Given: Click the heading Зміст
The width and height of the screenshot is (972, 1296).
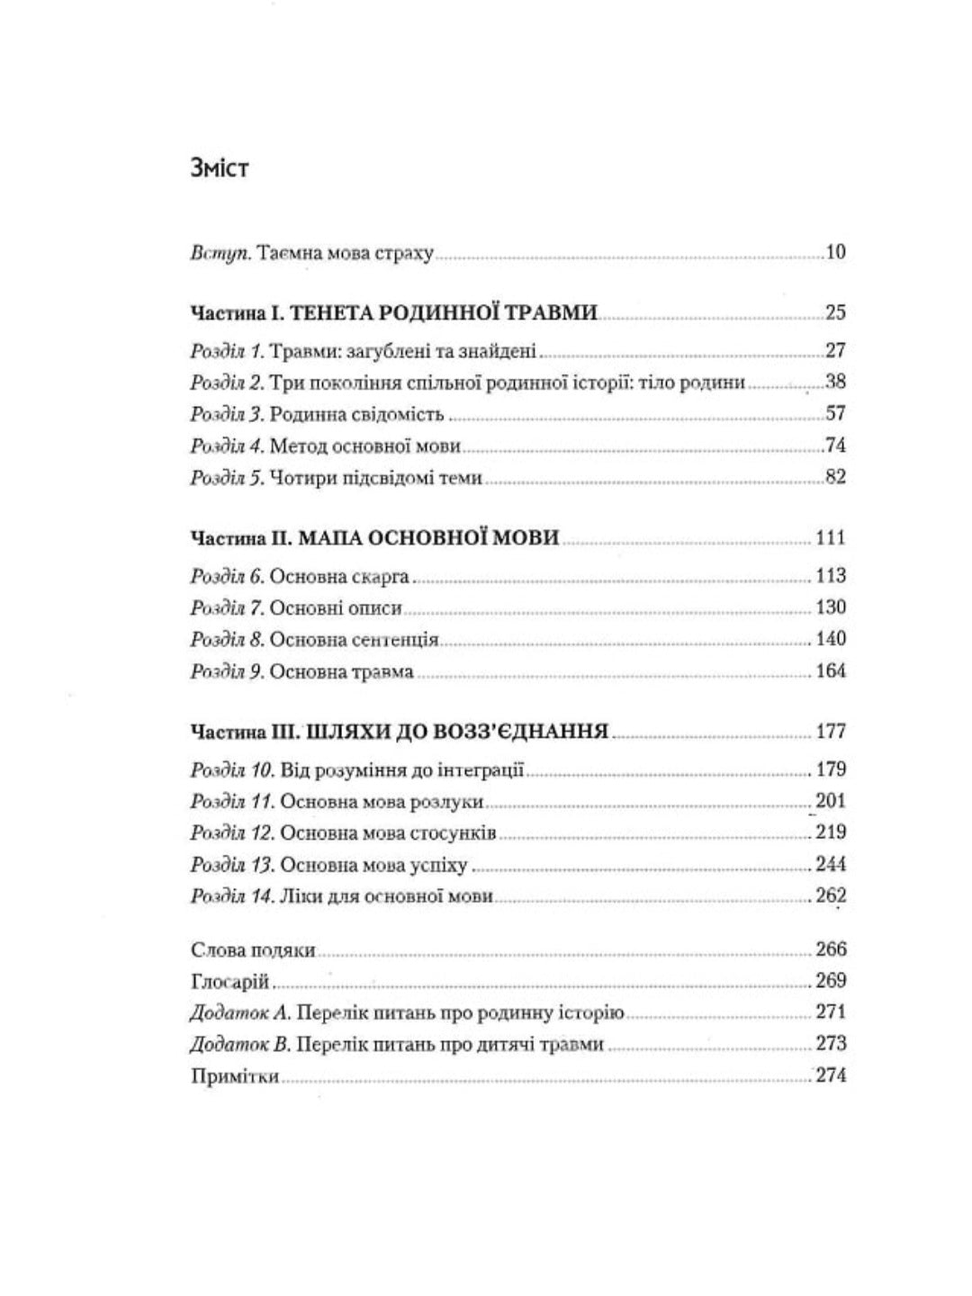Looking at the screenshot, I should pos(219,168).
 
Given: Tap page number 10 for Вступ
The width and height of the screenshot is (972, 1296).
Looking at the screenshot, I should pos(835,253).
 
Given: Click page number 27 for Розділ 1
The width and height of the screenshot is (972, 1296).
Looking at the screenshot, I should pos(835,351).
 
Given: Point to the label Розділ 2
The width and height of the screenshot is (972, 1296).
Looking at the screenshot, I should pos(226,382).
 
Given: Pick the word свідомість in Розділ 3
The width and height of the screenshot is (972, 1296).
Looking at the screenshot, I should pos(396,415).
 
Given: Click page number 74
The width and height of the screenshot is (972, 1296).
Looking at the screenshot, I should pos(835,445).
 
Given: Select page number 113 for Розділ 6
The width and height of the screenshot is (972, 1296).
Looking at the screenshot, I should pos(830,576).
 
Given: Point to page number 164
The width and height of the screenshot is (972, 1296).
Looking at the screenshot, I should pos(830,671).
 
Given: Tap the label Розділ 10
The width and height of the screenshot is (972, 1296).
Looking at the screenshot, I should pos(231,770).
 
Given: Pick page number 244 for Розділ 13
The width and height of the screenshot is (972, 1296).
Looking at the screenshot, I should pos(830,865).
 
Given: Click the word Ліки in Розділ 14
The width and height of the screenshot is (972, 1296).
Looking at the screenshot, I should pos(298,897).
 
